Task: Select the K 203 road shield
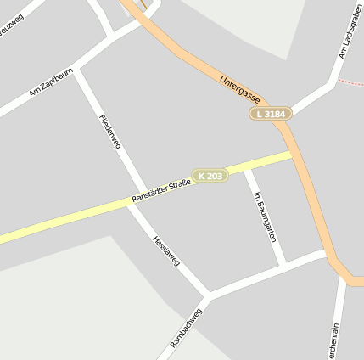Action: pos(210,176)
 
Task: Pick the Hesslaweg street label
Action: pos(166,250)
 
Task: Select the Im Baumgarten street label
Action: pos(265,218)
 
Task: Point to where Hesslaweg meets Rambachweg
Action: pos(207,295)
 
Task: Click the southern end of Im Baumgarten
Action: pos(283,263)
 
